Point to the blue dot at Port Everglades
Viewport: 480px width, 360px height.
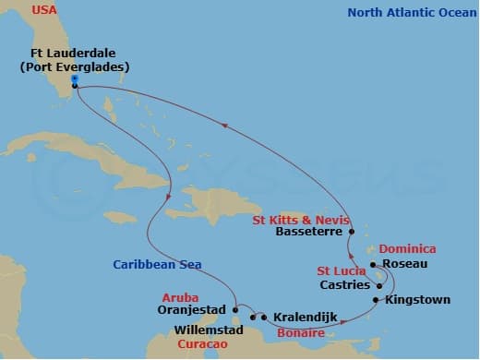tap(74, 79)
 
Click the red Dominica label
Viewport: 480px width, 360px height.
tap(407, 249)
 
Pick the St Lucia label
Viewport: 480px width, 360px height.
tap(340, 271)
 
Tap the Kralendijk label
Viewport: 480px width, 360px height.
tap(306, 318)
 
